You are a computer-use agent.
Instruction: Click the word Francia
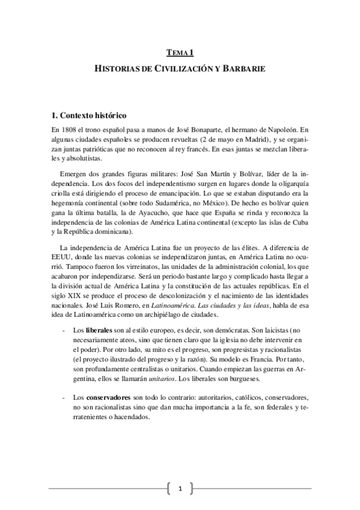[252, 362]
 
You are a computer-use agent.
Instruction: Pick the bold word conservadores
[111, 398]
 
